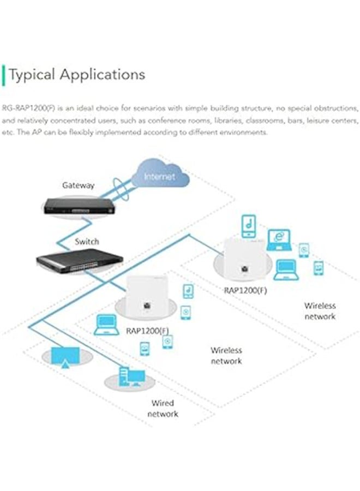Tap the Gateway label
(78, 185)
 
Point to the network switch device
(73, 263)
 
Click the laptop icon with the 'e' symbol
(280, 239)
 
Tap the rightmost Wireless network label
(320, 311)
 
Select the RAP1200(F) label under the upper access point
(245, 290)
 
